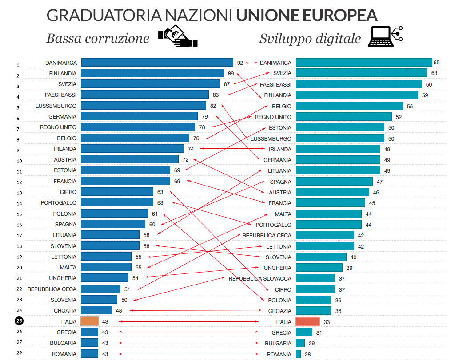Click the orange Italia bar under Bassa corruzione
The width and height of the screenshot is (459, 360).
89,321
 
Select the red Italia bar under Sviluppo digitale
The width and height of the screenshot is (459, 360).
307,322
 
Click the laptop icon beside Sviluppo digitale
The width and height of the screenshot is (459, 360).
385,37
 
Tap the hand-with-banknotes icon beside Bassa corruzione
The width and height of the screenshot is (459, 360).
177,36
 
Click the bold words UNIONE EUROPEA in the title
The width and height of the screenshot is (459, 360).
307,16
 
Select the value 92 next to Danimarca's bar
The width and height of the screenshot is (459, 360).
240,63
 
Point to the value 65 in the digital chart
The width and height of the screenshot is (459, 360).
436,63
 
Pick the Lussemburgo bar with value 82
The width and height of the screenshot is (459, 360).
144,106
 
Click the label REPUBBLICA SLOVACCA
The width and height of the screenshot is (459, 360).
260,279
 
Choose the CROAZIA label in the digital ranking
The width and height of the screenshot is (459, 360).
280,311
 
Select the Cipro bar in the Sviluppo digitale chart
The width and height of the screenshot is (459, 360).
315,289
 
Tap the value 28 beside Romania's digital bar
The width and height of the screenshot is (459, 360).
308,354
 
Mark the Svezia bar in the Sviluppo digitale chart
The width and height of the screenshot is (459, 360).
361,73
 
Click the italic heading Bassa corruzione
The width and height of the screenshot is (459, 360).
98,39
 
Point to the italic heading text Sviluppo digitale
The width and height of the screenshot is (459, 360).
310,39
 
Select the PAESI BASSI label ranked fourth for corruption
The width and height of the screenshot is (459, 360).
60,95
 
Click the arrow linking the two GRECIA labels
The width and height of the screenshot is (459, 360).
189,332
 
